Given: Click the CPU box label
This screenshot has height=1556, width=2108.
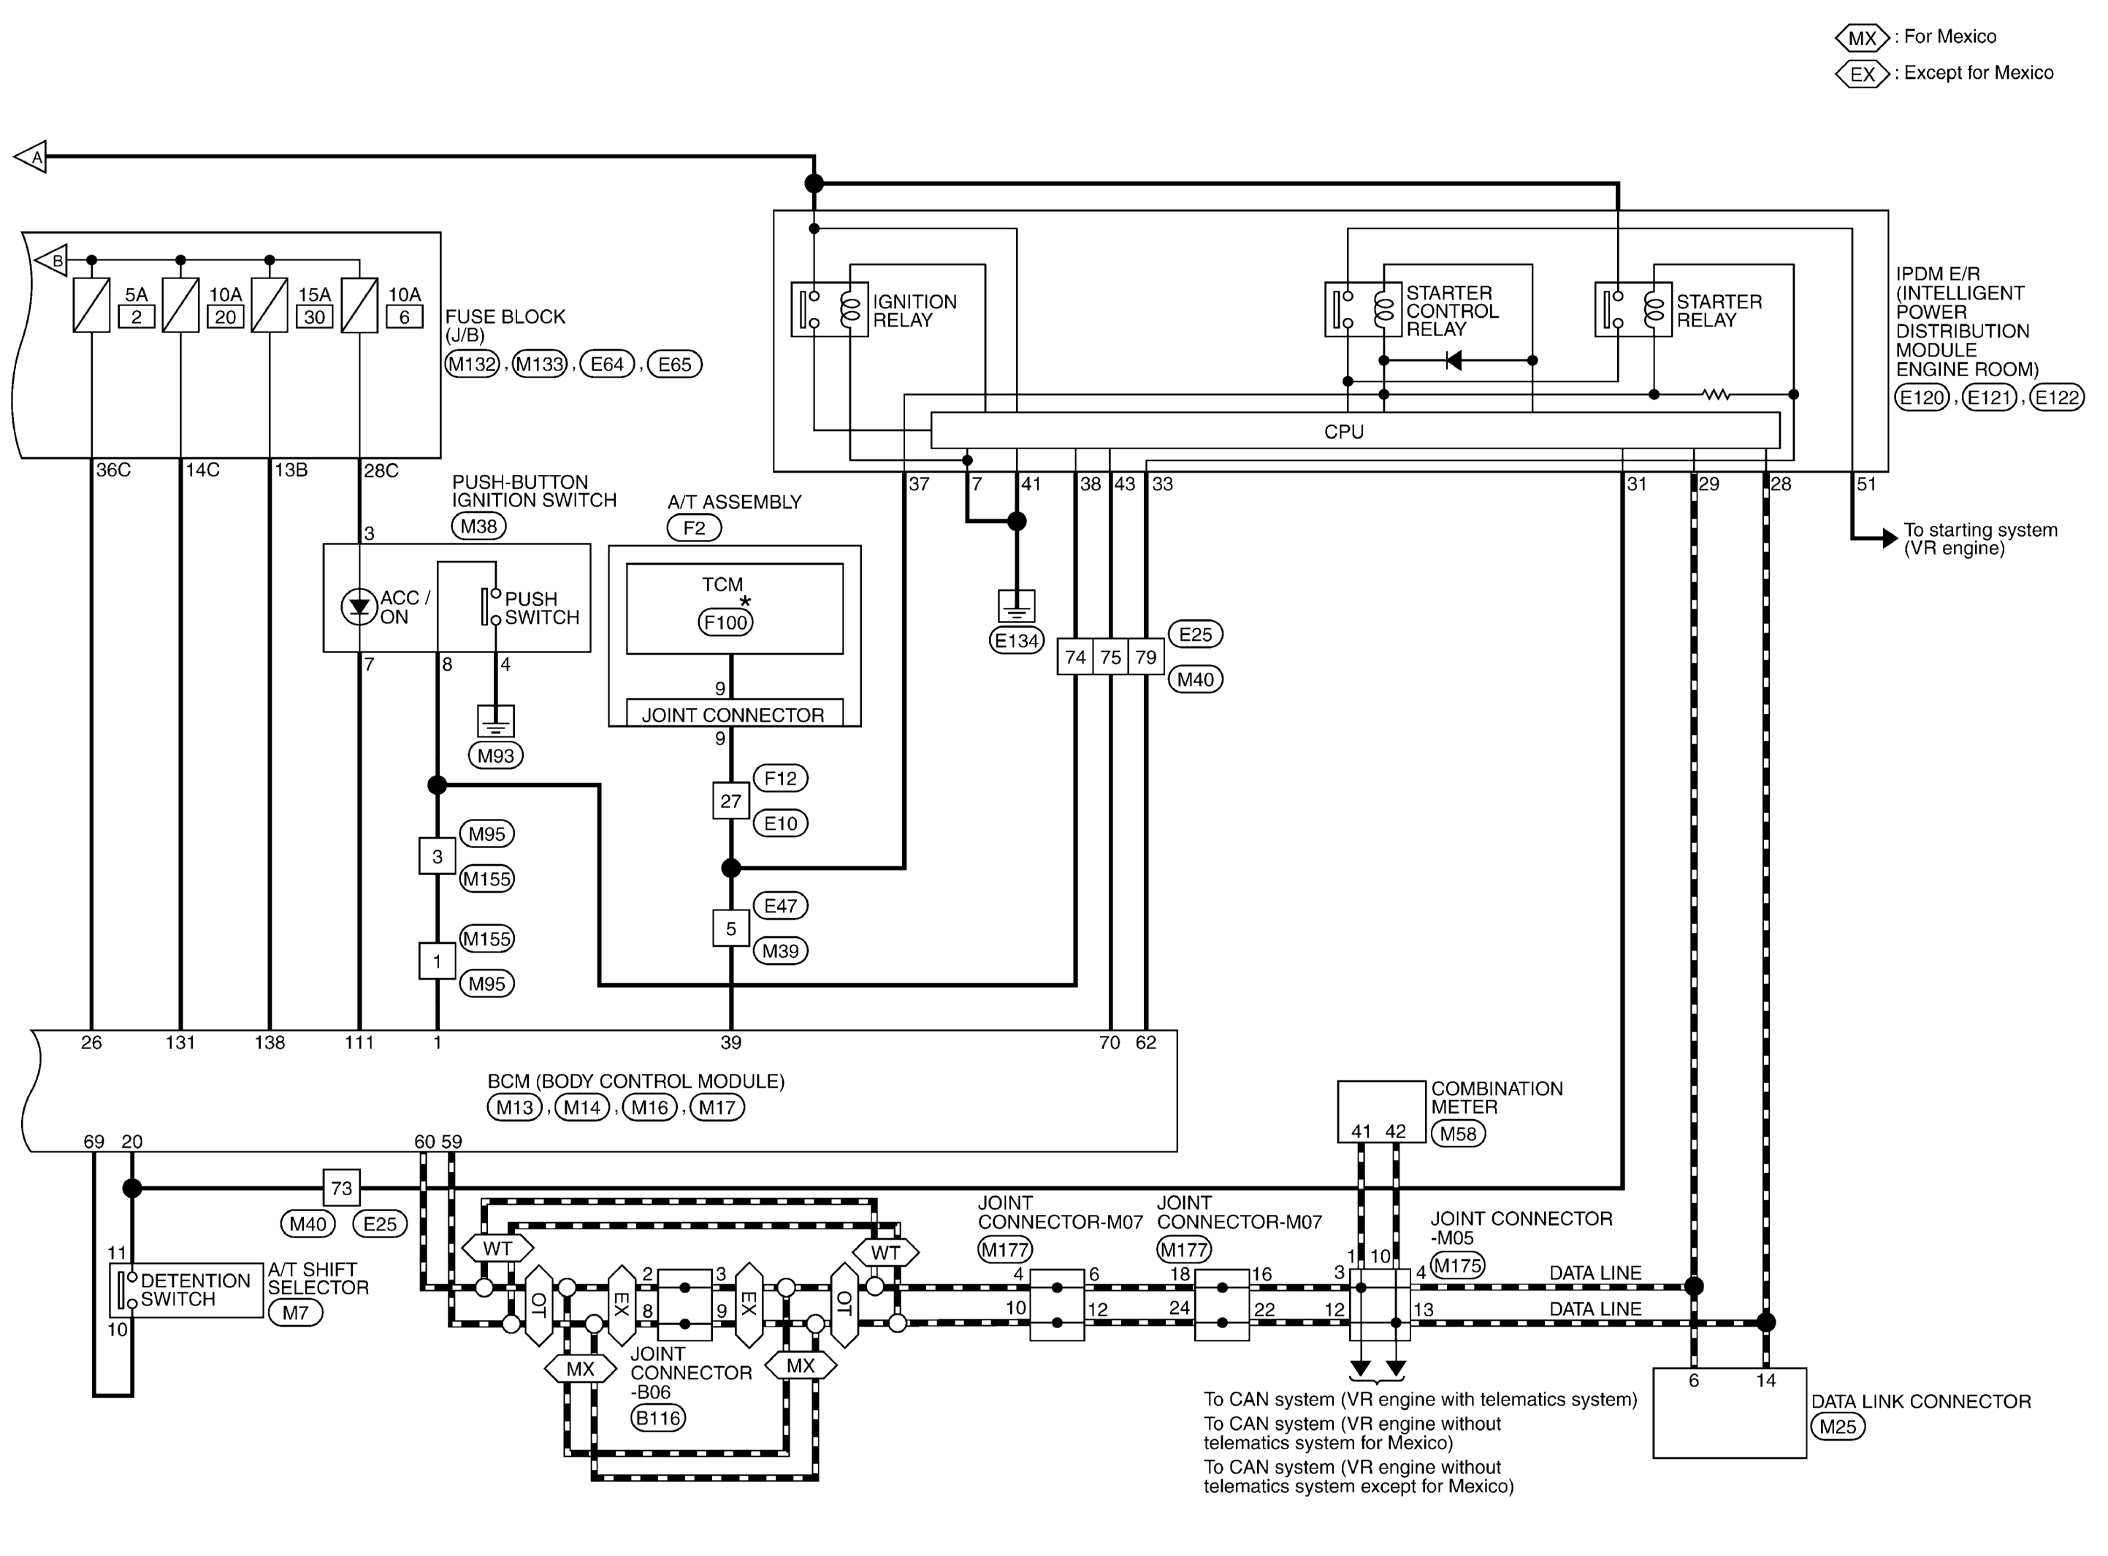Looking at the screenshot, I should tap(1343, 432).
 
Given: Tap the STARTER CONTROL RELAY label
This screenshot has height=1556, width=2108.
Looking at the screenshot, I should tap(1451, 310).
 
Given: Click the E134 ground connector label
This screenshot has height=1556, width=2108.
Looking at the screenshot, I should tap(1016, 641).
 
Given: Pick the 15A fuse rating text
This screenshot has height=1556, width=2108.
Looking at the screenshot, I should tap(315, 295).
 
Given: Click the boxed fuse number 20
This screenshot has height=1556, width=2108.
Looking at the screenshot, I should tap(225, 318).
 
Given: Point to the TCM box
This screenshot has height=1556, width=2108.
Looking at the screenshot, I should tap(734, 608).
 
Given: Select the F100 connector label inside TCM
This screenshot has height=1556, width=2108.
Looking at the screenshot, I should tap(725, 622).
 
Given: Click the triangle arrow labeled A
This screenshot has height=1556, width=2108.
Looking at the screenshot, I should tap(31, 156).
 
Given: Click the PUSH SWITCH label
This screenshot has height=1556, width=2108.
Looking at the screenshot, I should tap(541, 609).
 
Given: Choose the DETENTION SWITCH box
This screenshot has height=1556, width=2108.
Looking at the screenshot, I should tap(186, 1290).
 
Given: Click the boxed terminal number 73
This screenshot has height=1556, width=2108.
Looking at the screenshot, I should tap(341, 1189).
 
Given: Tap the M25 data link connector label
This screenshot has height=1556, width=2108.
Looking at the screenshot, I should tap(1838, 1427).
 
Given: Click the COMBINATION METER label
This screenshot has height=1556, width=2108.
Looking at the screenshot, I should tap(1496, 1098).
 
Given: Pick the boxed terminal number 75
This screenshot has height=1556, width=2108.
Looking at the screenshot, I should tap(1111, 657).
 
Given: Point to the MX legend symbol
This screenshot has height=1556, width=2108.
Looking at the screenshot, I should tap(1861, 39).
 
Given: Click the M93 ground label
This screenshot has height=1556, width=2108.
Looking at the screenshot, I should tap(495, 755).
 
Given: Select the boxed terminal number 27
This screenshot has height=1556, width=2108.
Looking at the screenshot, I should tap(730, 801).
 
